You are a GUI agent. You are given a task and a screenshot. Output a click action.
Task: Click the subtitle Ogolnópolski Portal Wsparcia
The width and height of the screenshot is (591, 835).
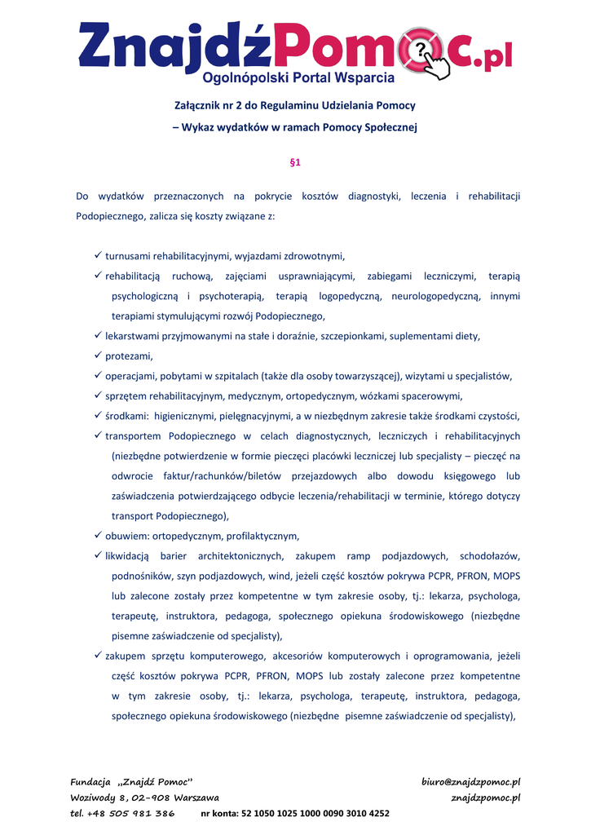(298, 78)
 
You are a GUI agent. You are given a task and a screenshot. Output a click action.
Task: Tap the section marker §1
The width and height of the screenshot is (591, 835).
(295, 162)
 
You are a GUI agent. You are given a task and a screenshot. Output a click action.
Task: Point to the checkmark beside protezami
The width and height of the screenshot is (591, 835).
(99, 356)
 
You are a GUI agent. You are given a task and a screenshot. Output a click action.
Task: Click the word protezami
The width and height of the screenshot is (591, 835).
(129, 356)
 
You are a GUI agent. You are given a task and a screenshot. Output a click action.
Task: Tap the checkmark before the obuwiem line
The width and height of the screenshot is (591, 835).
(99, 536)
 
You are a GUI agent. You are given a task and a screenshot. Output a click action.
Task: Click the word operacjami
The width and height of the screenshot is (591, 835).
(132, 376)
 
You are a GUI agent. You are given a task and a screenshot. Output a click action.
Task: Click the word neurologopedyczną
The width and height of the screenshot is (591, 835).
(434, 296)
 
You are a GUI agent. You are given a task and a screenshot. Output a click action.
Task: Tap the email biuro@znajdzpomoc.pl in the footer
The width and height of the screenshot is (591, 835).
(470, 782)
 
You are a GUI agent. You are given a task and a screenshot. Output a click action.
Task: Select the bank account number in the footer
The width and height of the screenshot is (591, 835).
(315, 813)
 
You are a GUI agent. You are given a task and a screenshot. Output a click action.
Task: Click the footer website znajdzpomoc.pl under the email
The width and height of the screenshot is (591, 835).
(486, 797)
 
